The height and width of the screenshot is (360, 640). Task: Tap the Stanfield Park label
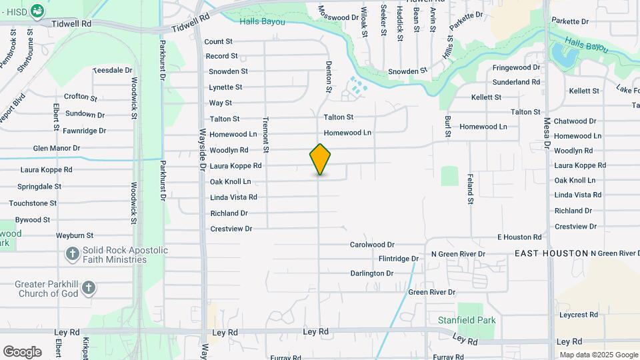(x=467, y=320)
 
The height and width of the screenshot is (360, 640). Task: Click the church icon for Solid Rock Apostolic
(x=73, y=254)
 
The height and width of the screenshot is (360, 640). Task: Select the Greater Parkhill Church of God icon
(x=89, y=289)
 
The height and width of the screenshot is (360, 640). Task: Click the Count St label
(x=218, y=41)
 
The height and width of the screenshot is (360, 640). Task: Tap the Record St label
(x=221, y=56)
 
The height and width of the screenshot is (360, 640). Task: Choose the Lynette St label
(x=225, y=87)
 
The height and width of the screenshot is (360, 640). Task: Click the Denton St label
(x=328, y=77)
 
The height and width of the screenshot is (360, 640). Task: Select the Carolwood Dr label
(x=372, y=245)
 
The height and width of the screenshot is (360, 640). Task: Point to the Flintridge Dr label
(x=398, y=258)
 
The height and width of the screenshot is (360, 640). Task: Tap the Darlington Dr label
(x=372, y=273)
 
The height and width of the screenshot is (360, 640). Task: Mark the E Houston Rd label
(x=519, y=237)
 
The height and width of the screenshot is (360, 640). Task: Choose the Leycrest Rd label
(x=578, y=315)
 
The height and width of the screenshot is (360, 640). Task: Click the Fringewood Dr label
(x=516, y=68)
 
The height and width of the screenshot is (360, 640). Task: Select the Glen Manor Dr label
(x=57, y=148)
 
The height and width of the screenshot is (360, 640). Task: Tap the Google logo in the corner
(x=22, y=352)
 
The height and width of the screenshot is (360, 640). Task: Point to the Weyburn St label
(x=74, y=235)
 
